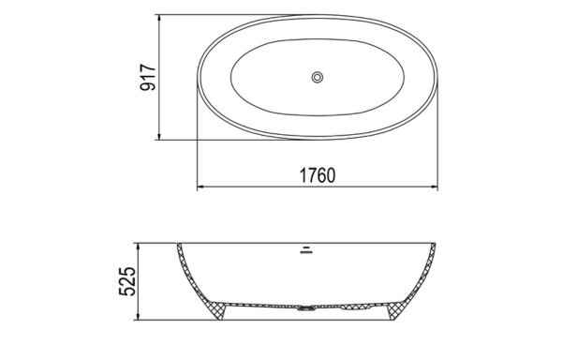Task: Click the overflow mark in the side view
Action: click(x=304, y=249)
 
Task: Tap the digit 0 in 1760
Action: click(x=329, y=175)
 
